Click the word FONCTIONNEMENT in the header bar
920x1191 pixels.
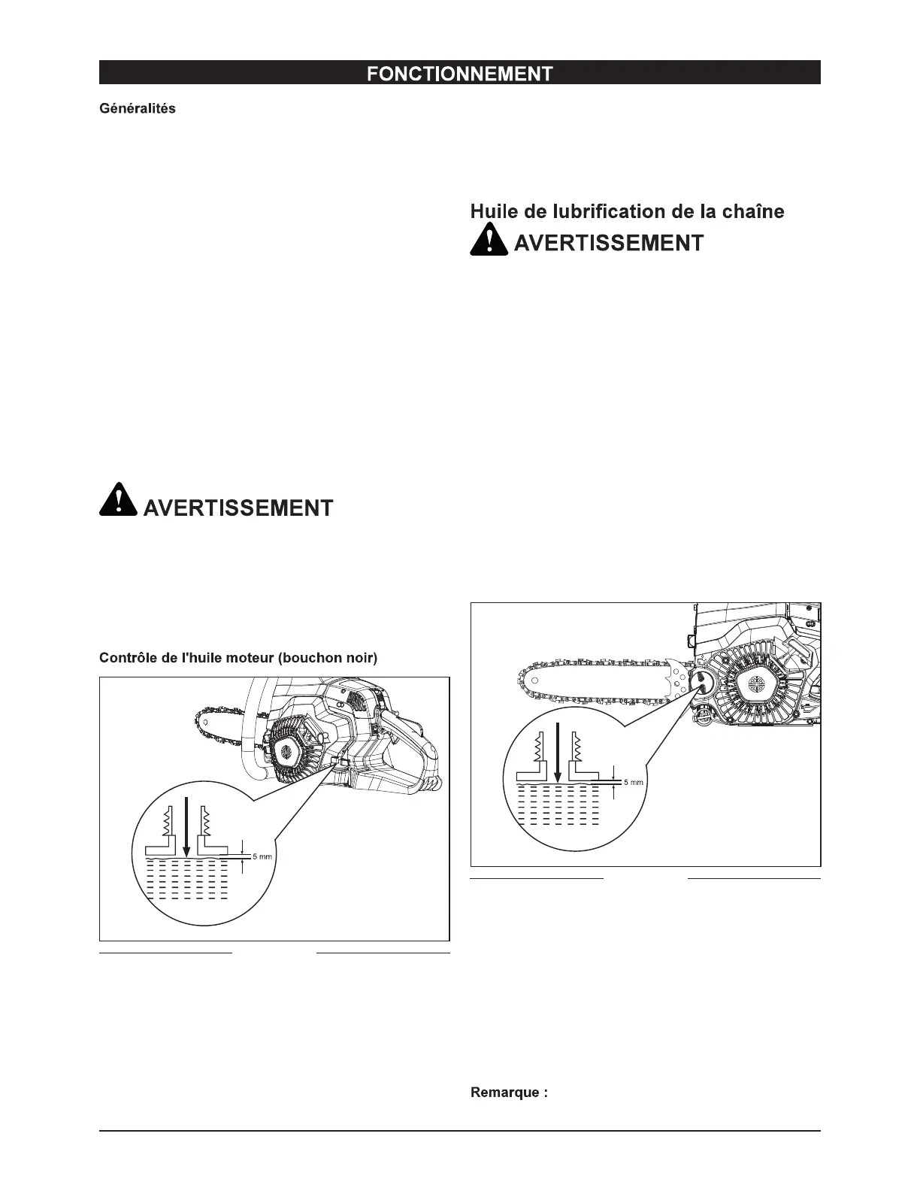pos(459,73)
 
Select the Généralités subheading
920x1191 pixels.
pos(138,108)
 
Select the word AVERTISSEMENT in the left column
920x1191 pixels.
pos(238,508)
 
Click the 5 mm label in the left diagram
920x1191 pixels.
pos(262,856)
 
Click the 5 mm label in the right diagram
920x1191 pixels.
pos(634,782)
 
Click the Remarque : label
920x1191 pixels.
pos(509,1093)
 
